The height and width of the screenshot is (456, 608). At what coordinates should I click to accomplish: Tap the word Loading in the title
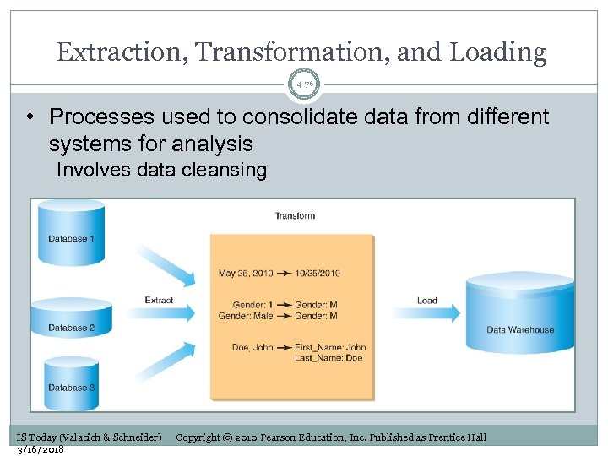[498, 53]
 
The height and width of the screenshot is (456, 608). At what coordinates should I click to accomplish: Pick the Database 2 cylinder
[71, 319]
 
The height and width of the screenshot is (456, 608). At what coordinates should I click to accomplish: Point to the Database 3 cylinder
[71, 382]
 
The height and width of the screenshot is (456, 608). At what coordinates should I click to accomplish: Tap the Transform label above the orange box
[295, 216]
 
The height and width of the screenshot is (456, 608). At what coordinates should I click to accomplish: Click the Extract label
[159, 301]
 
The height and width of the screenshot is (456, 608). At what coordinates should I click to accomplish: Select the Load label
[427, 301]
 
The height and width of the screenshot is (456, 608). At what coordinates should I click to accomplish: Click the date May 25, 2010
[246, 273]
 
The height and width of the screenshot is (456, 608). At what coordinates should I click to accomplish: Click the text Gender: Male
[246, 316]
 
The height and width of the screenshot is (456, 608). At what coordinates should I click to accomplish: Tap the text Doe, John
[252, 347]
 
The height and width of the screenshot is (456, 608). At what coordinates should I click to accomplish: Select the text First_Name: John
[330, 347]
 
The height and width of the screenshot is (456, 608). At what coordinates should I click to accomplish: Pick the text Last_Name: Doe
[328, 358]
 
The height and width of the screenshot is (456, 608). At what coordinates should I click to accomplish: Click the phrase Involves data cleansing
[161, 170]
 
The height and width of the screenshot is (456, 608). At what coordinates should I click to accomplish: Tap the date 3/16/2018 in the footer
[41, 449]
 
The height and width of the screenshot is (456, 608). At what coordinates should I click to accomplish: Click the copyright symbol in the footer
[228, 437]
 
